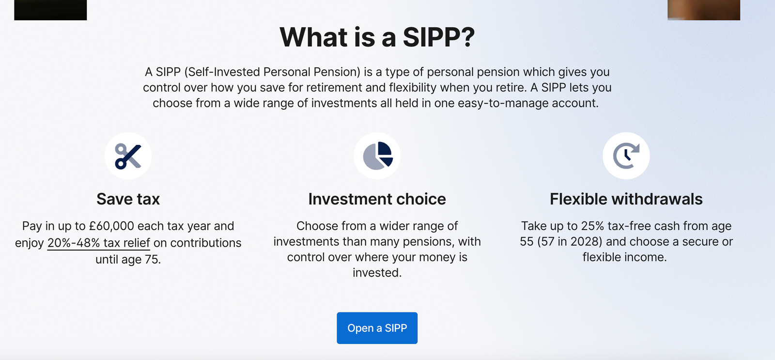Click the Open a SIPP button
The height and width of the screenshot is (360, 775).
(x=377, y=328)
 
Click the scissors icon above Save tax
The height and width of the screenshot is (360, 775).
(x=128, y=156)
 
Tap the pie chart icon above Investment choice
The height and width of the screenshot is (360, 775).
(x=377, y=156)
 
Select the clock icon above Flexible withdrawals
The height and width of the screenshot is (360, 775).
(x=626, y=156)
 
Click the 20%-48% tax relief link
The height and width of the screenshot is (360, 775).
(x=99, y=243)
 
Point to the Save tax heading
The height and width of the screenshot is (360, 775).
(x=128, y=199)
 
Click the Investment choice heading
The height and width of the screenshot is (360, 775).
(x=377, y=199)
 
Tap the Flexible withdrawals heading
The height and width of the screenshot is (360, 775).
(x=626, y=199)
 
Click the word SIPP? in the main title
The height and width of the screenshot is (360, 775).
(x=439, y=37)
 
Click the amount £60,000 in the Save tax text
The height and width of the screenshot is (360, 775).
(x=111, y=226)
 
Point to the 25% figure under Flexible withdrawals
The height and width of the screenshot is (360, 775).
(x=594, y=226)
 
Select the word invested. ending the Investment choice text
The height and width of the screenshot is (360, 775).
(x=377, y=273)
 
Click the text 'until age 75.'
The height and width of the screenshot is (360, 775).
(x=128, y=260)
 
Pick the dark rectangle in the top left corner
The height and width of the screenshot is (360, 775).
(x=50, y=10)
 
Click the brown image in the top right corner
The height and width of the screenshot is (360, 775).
(x=703, y=10)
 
